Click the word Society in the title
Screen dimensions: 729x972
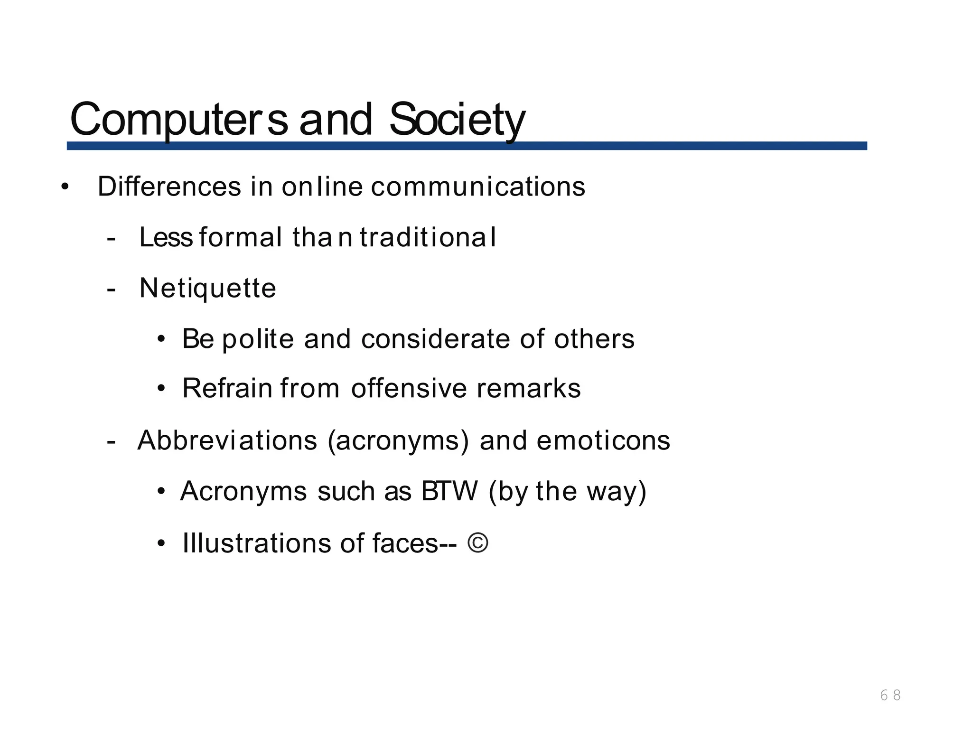(457, 119)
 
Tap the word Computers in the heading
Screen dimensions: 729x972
(178, 119)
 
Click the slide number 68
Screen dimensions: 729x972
(890, 695)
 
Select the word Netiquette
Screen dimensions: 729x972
(207, 288)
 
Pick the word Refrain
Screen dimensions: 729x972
(227, 388)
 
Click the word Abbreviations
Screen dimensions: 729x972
(227, 440)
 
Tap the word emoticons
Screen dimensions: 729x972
(603, 440)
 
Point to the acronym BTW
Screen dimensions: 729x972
(449, 491)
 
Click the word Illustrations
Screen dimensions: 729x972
(257, 543)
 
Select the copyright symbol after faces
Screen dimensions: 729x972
(477, 543)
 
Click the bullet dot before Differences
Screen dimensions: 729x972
(65, 187)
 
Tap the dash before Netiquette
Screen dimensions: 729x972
(111, 289)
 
